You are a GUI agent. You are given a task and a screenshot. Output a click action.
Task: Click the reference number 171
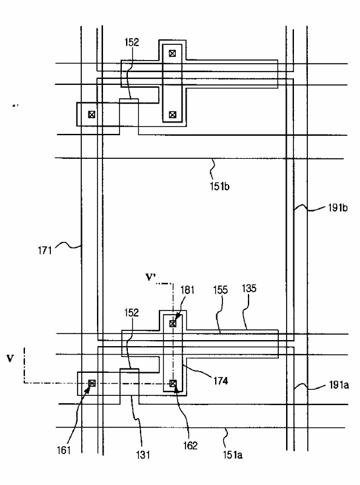click(x=45, y=250)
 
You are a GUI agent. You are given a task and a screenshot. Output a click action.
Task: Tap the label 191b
click(x=338, y=208)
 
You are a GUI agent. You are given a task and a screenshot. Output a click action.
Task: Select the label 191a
click(x=339, y=385)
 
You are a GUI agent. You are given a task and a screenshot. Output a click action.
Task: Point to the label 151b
click(x=219, y=187)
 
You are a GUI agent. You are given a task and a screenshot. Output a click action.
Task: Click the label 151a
click(x=233, y=455)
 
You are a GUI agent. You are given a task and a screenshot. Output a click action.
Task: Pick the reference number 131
click(x=143, y=455)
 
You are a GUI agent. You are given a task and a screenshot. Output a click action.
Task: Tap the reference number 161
click(x=64, y=450)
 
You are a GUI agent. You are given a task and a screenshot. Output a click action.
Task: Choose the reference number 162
click(x=190, y=446)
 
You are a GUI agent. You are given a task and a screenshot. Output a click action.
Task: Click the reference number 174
click(x=221, y=381)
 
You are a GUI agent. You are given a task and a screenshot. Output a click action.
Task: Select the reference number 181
click(x=187, y=290)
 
